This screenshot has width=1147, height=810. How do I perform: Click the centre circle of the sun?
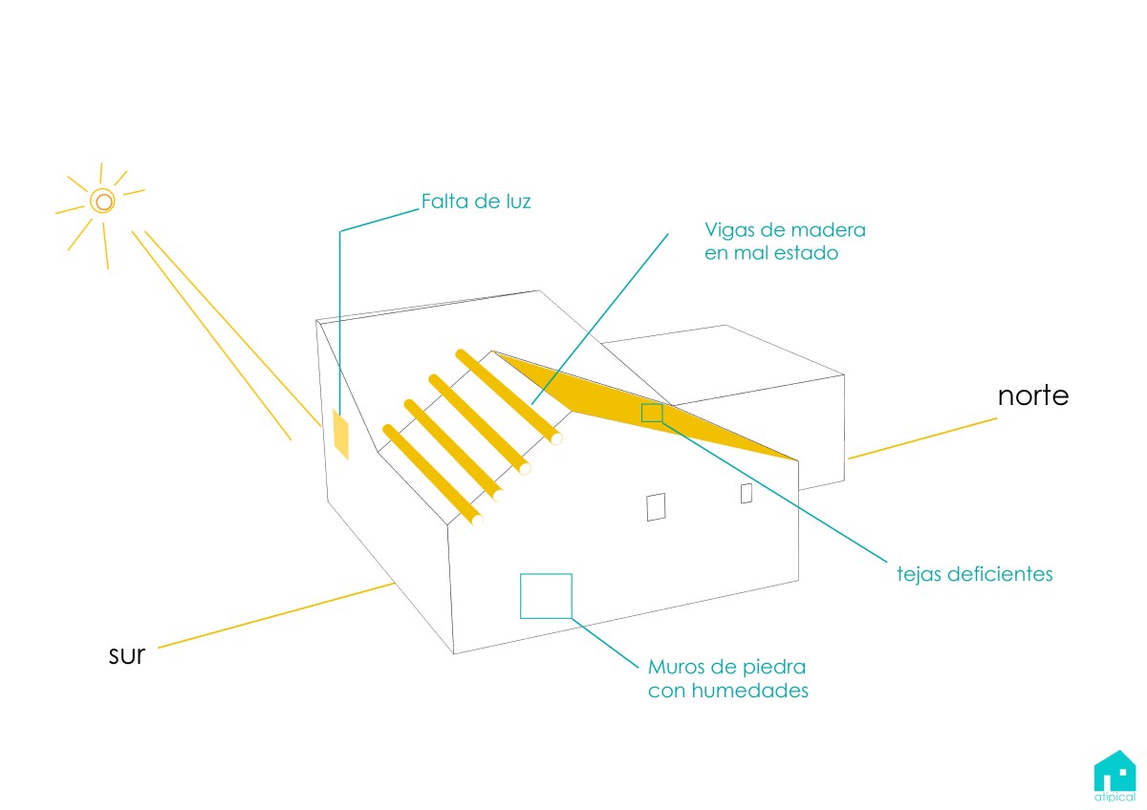(102, 202)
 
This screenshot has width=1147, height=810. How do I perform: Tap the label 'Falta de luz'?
(476, 202)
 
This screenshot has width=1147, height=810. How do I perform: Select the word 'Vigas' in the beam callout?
(730, 231)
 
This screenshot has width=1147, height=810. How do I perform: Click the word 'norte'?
(1033, 396)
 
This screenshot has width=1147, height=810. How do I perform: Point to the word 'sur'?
(127, 654)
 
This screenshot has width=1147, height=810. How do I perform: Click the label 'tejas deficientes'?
(974, 574)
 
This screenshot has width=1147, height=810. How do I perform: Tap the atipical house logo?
(1115, 776)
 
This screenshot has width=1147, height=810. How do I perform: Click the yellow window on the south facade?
(340, 434)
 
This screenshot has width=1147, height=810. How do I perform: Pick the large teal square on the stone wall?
(546, 596)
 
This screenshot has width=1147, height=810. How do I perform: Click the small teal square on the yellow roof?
(652, 413)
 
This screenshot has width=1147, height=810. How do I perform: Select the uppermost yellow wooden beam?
(509, 396)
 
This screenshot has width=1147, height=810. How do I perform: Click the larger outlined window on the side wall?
(656, 507)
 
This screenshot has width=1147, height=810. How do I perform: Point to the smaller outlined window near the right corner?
(747, 493)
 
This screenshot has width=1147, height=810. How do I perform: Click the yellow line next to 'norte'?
(922, 438)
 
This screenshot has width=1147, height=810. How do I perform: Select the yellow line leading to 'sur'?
(276, 615)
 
